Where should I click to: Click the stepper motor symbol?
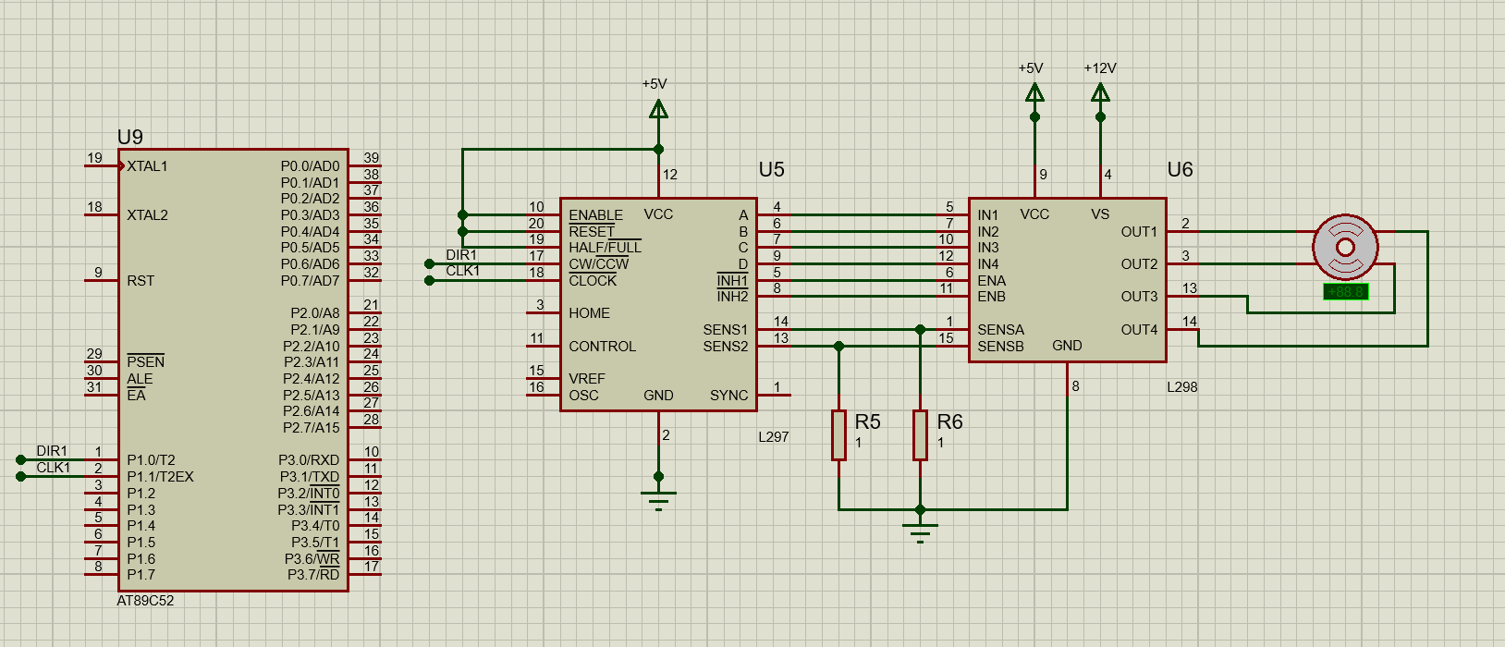pos(1345,247)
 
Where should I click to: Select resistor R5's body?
pos(838,434)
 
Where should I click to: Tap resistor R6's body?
pos(920,434)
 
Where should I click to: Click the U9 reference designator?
pos(130,138)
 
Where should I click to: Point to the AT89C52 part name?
pos(145,601)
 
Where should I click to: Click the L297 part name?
pos(773,437)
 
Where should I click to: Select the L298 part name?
pos(1181,387)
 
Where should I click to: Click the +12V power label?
pos(1100,68)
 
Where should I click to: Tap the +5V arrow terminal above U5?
pos(658,110)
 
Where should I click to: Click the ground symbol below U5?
pos(658,499)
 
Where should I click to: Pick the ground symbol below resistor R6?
pos(920,531)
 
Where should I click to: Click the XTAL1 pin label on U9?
pos(147,166)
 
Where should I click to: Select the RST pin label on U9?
pos(141,281)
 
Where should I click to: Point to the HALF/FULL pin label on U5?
pos(605,248)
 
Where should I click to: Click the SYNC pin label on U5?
pos(728,396)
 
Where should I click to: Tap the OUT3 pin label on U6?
pos(1139,297)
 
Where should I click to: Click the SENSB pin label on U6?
pos(1000,347)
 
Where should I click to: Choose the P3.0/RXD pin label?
pos(309,460)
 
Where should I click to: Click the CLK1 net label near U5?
pos(462,271)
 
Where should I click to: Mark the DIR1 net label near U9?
pos(52,451)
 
